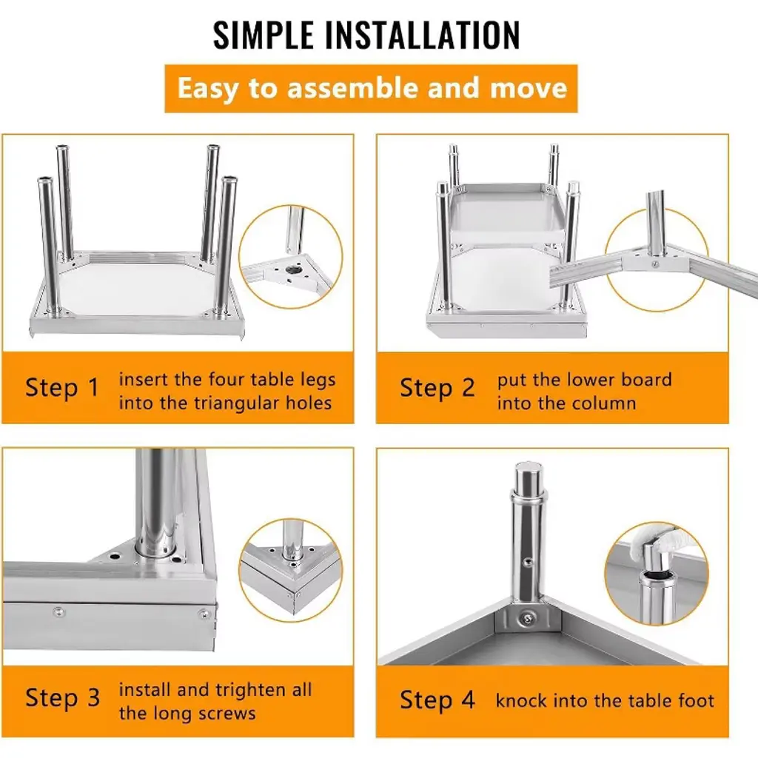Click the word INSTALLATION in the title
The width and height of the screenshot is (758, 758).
click(x=423, y=35)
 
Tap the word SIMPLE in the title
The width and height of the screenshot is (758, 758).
click(x=264, y=35)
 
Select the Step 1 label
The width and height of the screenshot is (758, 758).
click(x=62, y=388)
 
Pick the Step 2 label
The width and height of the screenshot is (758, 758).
click(x=437, y=388)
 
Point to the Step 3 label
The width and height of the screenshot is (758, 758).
click(x=62, y=698)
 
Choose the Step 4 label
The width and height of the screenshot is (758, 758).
click(x=437, y=700)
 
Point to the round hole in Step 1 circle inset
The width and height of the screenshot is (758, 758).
click(x=293, y=269)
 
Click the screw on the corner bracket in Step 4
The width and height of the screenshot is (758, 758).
click(x=526, y=618)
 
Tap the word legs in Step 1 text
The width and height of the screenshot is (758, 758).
click(x=318, y=380)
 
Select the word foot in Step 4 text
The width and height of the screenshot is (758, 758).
click(x=696, y=700)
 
